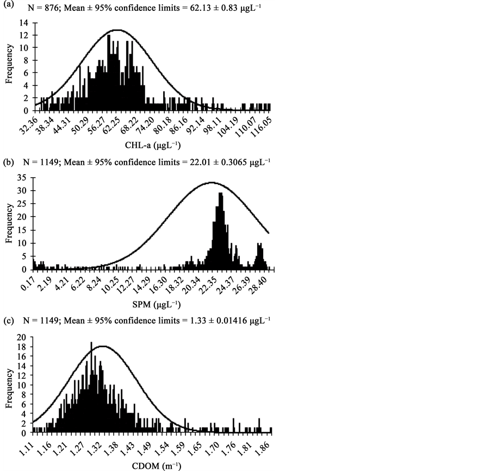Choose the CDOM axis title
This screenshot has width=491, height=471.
[154, 466]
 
